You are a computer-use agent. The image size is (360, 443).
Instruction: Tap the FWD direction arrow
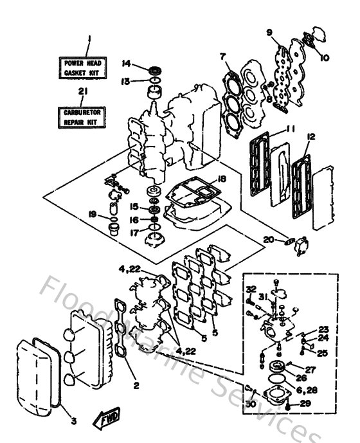coord(105,419)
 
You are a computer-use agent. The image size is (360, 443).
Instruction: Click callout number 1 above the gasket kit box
coord(89,40)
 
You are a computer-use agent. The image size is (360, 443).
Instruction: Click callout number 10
coord(323,57)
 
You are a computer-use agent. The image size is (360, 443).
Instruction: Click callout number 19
coord(94,213)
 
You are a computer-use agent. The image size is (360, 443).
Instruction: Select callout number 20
coord(268,240)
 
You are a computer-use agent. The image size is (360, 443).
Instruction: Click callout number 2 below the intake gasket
coord(136,386)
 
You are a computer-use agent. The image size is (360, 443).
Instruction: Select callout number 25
coord(323,353)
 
